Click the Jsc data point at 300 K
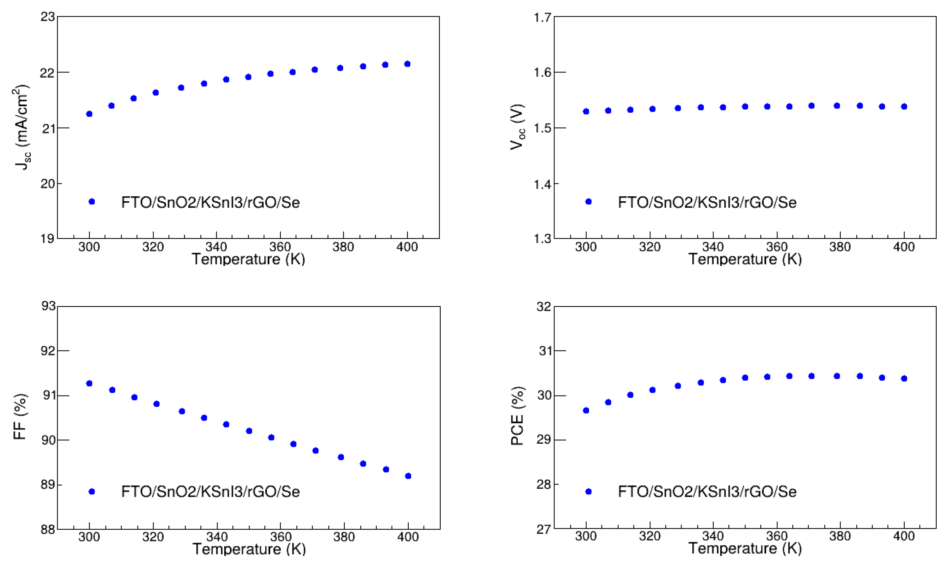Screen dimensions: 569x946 tap(90, 114)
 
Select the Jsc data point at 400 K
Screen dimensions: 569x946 tap(407, 64)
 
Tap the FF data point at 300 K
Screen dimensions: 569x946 tap(90, 383)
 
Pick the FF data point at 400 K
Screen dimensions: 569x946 tap(408, 476)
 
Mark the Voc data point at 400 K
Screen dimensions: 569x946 tap(904, 107)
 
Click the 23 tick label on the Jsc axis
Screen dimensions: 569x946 tap(48, 17)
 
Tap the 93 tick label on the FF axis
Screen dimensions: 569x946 tap(48, 306)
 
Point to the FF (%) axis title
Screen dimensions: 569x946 tap(20, 417)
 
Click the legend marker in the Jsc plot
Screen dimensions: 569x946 tap(92, 202)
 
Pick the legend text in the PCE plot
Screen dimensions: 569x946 tap(707, 492)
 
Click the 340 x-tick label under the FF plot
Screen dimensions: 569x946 tap(217, 537)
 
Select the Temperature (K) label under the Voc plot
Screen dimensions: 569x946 tap(745, 259)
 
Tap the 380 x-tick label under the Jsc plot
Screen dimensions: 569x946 tap(343, 247)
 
